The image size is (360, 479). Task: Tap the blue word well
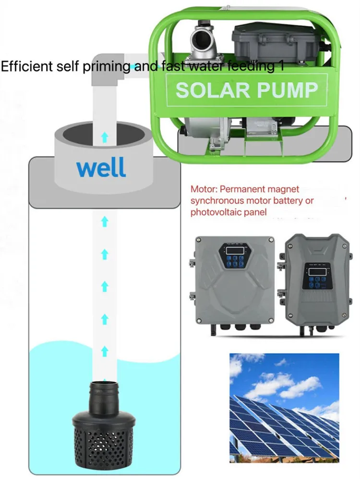coord(101,168)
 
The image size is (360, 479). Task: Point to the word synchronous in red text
coord(217,201)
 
